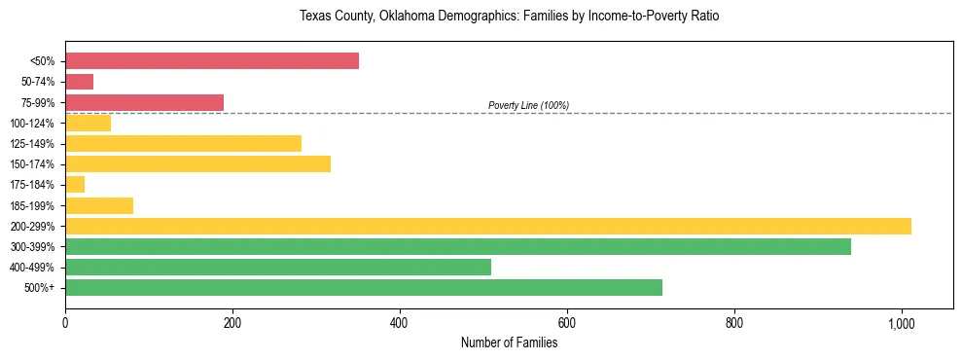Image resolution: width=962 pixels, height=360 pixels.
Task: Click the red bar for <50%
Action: (211, 61)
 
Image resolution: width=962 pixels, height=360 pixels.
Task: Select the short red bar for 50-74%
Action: (79, 82)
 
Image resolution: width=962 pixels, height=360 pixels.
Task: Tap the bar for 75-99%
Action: (144, 102)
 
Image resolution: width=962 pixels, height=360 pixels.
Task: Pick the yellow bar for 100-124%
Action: (88, 123)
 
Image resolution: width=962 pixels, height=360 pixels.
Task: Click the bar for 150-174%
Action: (197, 163)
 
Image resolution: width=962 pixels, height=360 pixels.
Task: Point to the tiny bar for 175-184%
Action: (75, 184)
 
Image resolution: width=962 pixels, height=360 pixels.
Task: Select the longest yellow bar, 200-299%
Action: (487, 226)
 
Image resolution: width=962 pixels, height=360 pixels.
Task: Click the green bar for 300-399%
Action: (457, 246)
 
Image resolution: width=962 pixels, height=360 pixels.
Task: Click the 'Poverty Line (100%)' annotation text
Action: (528, 105)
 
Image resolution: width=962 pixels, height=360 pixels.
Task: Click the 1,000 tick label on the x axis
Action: (901, 322)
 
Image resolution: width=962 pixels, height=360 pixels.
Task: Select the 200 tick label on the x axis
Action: (232, 322)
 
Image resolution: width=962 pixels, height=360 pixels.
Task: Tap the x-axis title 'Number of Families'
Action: (509, 342)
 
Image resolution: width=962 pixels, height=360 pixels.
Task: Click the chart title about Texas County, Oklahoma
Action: (509, 17)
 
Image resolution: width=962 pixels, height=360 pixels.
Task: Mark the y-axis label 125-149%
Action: (32, 144)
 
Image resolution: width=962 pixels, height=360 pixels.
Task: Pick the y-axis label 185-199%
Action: (32, 205)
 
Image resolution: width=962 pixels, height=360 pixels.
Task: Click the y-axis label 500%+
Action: (40, 288)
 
